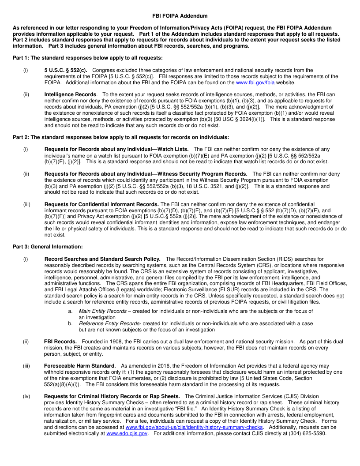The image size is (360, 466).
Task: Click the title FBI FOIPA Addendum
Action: point(180,16)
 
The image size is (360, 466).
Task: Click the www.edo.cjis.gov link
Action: point(127,434)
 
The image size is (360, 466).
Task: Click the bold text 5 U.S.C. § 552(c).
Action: point(66,70)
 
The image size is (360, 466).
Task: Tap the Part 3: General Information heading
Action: point(48,247)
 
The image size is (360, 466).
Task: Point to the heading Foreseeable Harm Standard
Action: point(80,366)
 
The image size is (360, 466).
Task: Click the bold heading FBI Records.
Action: point(60,342)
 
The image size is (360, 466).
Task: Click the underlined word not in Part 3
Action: point(340,296)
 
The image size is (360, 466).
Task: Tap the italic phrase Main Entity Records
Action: point(103,311)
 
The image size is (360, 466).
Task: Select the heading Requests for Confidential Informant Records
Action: point(101,204)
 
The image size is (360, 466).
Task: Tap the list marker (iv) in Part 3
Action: point(26,397)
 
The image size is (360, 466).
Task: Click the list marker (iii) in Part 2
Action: point(26,204)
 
